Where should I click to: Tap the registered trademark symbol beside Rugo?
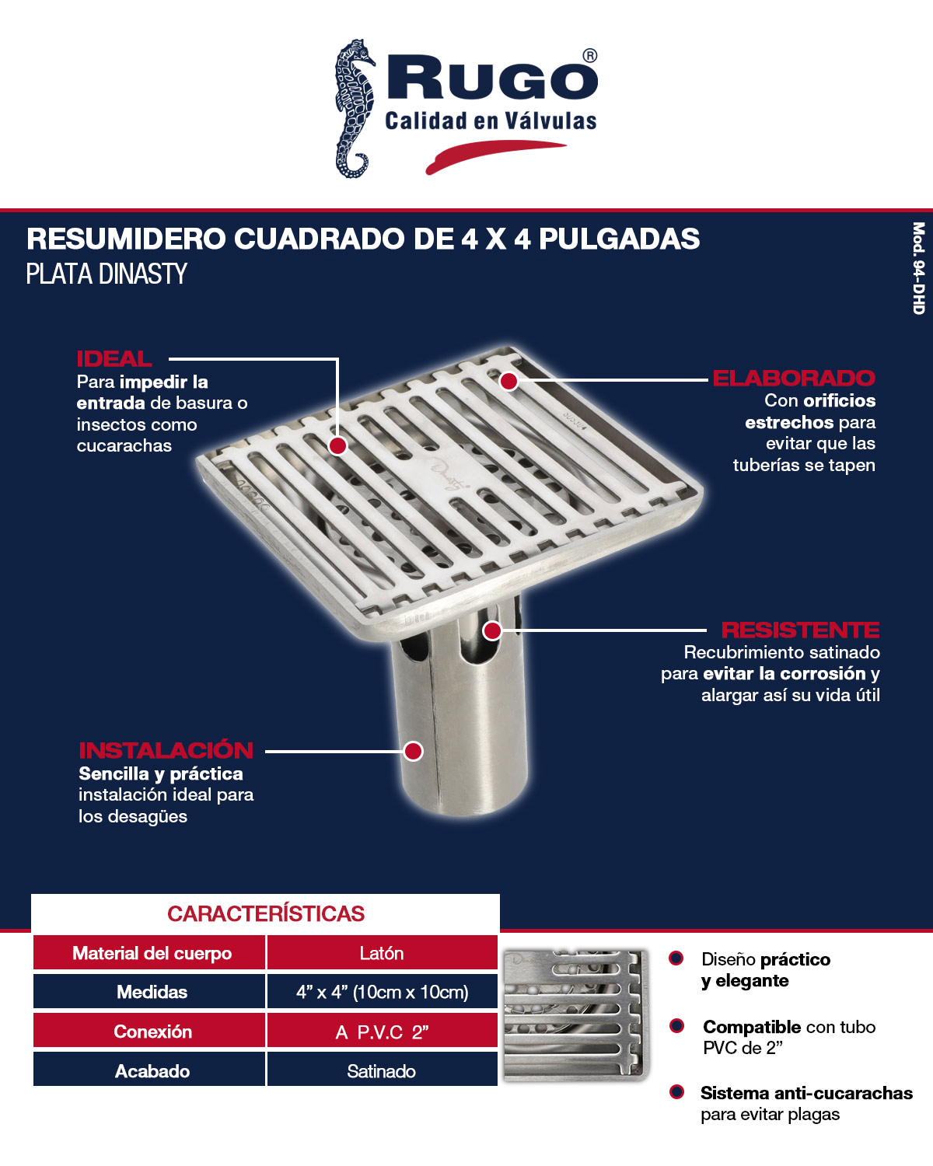pyautogui.click(x=590, y=56)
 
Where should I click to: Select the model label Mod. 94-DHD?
pyautogui.click(x=918, y=268)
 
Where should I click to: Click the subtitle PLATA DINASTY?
pyautogui.click(x=107, y=274)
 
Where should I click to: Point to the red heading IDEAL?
pyautogui.click(x=114, y=359)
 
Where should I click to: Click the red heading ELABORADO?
pyautogui.click(x=794, y=379)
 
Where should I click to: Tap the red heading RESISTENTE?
pyautogui.click(x=800, y=630)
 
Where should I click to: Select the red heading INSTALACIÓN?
pyautogui.click(x=166, y=750)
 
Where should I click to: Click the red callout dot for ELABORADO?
pyautogui.click(x=508, y=381)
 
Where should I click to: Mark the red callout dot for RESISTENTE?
pyautogui.click(x=492, y=630)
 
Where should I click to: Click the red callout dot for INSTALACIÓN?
pyautogui.click(x=414, y=751)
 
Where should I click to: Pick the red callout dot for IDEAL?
pyautogui.click(x=337, y=445)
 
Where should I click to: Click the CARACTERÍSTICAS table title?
pyautogui.click(x=266, y=914)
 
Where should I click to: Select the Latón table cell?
pyautogui.click(x=382, y=954)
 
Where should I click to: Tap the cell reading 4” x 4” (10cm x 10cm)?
pyautogui.click(x=382, y=993)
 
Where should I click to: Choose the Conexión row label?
pyautogui.click(x=152, y=1032)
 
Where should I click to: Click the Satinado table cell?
pyautogui.click(x=382, y=1071)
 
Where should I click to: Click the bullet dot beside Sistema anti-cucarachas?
pyautogui.click(x=677, y=1092)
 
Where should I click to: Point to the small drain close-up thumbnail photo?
pyautogui.click(x=575, y=1015)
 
